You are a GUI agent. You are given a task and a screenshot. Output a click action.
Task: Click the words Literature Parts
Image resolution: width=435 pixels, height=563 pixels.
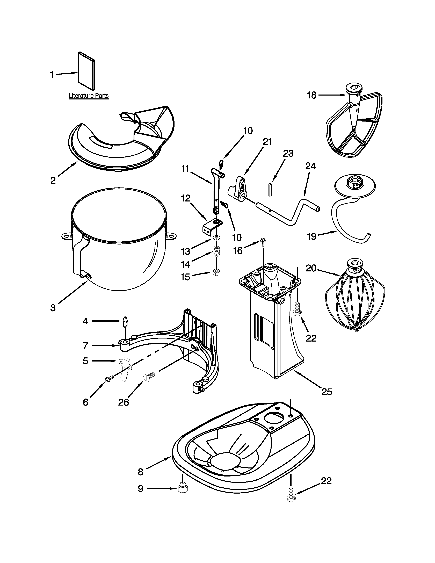click(88, 96)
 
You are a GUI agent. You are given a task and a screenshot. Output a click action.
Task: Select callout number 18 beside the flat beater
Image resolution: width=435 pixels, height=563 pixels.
click(311, 95)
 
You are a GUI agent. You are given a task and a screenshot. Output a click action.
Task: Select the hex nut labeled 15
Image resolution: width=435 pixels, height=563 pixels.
click(216, 272)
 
